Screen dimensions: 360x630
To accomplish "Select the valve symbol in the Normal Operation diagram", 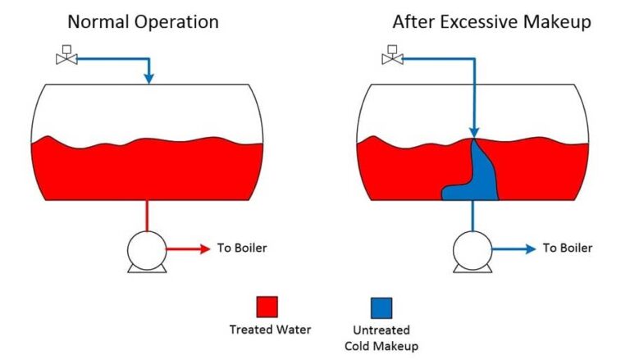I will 65,57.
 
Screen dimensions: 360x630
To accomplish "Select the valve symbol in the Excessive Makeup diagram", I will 391,57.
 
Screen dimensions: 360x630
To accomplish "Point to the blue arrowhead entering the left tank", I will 148,79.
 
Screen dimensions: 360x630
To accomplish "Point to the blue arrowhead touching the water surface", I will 473,132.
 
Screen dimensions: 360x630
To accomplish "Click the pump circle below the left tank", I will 147,248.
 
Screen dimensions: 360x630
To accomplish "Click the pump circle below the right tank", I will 472,248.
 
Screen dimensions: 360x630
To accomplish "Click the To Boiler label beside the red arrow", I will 242,248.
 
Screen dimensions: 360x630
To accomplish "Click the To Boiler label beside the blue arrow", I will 568,248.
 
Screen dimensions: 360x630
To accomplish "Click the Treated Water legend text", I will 270,330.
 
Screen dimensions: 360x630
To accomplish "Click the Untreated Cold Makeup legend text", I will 383,337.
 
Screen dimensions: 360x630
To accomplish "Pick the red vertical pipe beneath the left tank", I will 147,216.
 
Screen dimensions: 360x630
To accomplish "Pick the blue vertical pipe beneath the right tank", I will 472,216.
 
